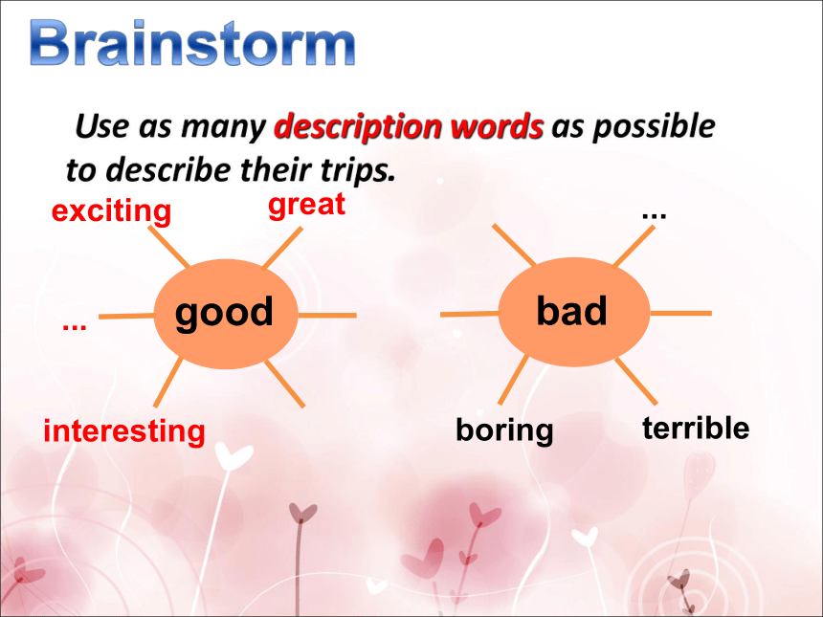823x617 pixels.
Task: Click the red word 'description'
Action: click(357, 127)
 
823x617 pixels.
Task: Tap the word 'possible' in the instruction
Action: click(654, 127)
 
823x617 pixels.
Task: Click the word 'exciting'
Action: click(111, 210)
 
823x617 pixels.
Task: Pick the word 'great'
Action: click(306, 205)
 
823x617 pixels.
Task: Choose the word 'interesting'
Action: click(123, 431)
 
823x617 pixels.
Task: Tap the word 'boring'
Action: click(504, 430)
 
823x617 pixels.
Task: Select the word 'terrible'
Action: click(696, 428)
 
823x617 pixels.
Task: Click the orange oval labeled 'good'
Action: click(226, 314)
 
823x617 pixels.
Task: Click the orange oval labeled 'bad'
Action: click(573, 312)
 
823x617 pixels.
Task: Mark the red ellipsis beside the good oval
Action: click(74, 327)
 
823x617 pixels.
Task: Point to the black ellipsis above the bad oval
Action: click(654, 214)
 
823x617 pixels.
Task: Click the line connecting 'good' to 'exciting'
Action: click(168, 247)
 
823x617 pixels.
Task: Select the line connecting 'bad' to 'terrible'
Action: click(636, 382)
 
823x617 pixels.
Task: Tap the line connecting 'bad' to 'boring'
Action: click(513, 380)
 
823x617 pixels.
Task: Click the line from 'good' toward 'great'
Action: click(282, 248)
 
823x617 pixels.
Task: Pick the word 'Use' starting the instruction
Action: click(102, 126)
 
